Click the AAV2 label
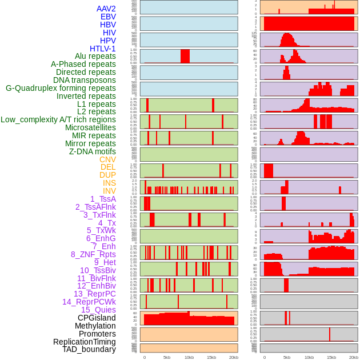[106, 9]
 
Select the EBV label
[107, 17]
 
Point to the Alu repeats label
[95, 56]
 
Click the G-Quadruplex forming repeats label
[61, 88]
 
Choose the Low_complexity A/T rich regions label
[58, 119]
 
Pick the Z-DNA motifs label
[92, 151]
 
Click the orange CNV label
[107, 159]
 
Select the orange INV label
[109, 191]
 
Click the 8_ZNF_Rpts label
[93, 254]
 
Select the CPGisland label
[97, 318]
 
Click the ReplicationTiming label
[84, 342]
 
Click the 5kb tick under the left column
[167, 357]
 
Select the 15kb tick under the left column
[211, 357]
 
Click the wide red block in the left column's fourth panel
[185, 56]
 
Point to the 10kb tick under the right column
[309, 357]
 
